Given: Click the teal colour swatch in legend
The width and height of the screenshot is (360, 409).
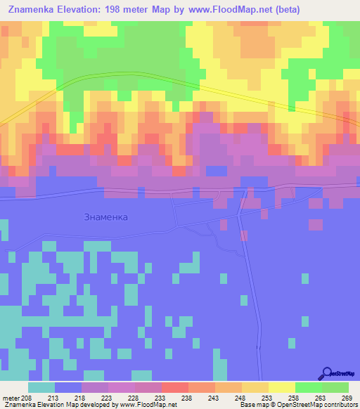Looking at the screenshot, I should pyautogui.click(x=41, y=387).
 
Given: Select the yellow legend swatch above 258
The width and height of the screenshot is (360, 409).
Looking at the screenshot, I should pyautogui.click(x=281, y=387).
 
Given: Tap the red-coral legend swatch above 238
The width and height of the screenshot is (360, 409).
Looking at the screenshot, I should pyautogui.click(x=174, y=387).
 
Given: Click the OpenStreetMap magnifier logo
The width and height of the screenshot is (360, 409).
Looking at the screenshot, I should pyautogui.click(x=326, y=375).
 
